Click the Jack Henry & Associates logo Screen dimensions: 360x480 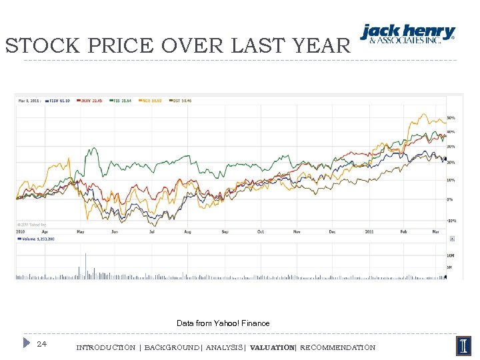408,34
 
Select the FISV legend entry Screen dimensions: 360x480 59,101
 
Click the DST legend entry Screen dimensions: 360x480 182,101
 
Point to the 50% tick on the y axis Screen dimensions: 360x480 451,118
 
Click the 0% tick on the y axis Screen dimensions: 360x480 450,199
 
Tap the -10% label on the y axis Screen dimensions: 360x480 451,221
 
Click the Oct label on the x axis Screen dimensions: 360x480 261,232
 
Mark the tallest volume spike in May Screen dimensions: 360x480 85,265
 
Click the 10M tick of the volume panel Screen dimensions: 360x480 451,255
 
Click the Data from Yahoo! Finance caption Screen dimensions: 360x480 223,323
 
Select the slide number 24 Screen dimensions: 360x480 42,344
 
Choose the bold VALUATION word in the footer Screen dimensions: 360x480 272,348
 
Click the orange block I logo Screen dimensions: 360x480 463,345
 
